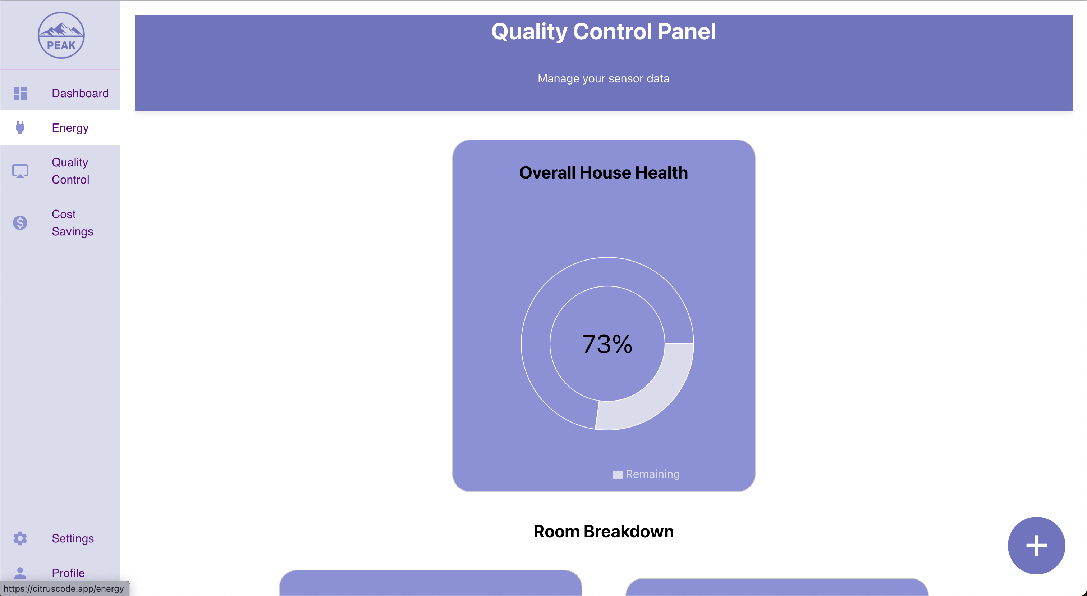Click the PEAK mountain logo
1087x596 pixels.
point(61,35)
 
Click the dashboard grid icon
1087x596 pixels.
point(20,93)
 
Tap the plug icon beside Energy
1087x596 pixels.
point(20,127)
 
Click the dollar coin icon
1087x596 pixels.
point(20,223)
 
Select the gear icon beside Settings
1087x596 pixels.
point(20,538)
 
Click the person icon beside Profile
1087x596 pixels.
point(20,573)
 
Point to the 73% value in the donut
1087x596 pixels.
point(607,344)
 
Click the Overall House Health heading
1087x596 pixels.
point(604,172)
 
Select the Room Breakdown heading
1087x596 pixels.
point(604,531)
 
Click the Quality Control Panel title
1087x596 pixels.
point(604,31)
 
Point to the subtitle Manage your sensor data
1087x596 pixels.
point(604,78)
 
